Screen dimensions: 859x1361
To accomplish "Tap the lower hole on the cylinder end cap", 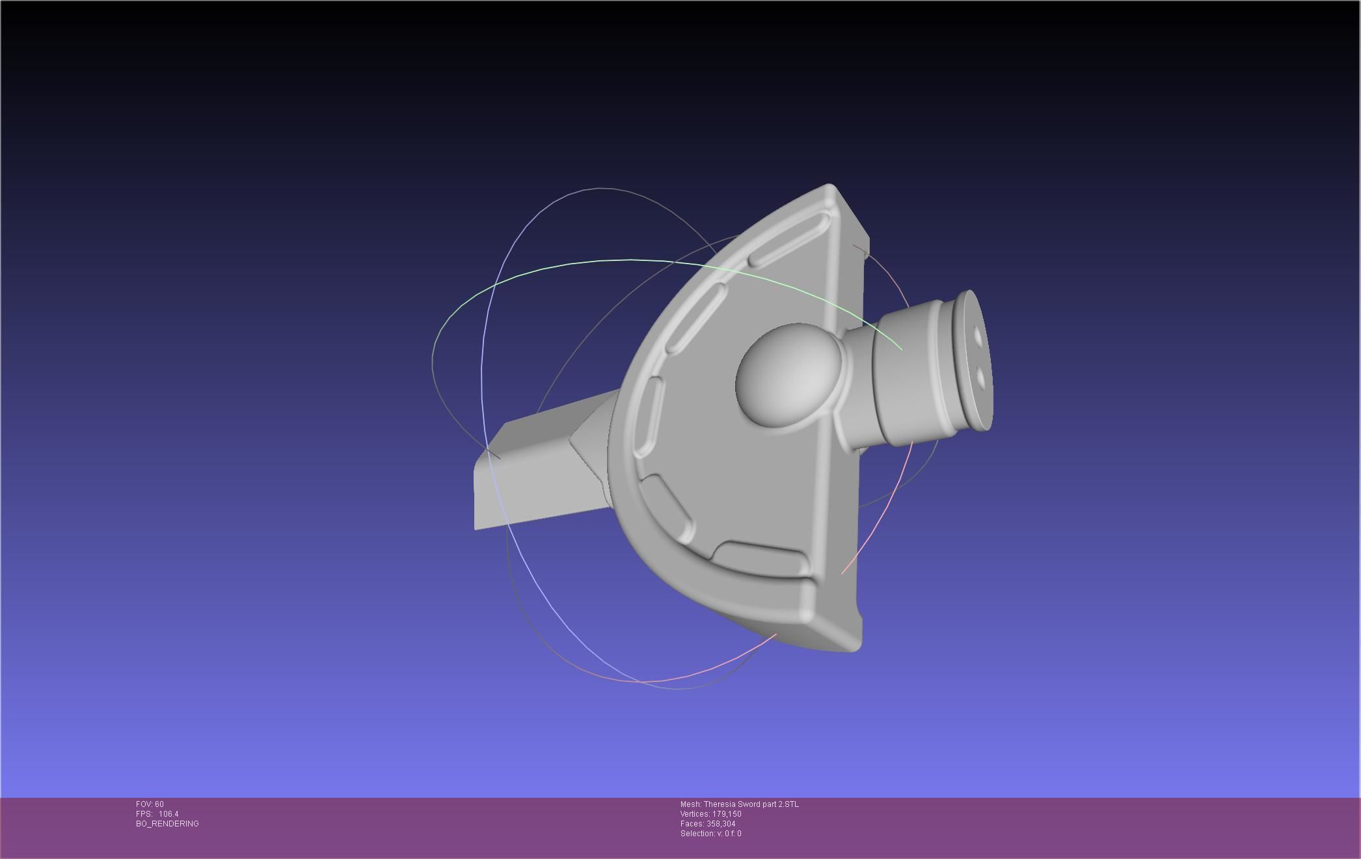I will [x=981, y=376].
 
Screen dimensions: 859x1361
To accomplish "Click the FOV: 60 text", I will [x=150, y=804].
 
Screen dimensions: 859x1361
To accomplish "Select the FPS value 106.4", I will [x=168, y=814].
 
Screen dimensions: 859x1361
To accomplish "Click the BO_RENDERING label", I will [x=167, y=824].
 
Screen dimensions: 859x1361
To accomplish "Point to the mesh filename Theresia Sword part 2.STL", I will [x=739, y=804].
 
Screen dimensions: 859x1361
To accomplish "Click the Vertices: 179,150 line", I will [x=710, y=814].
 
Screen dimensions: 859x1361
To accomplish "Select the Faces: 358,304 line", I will [x=708, y=824].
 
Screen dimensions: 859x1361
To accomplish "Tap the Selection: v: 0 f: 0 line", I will [x=710, y=834].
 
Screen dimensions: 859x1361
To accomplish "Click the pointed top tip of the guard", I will [x=830, y=188].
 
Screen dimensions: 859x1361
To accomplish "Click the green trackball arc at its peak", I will [x=631, y=260].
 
